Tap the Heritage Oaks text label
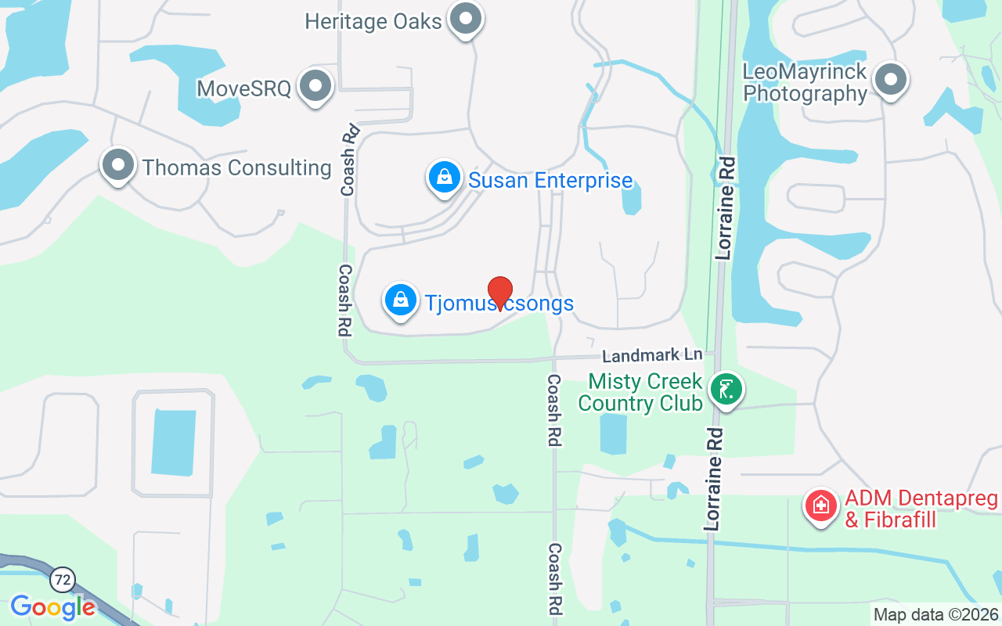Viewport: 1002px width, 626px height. tap(373, 21)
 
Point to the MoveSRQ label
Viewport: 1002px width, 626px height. tap(244, 88)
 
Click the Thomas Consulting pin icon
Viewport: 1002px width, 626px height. tap(119, 165)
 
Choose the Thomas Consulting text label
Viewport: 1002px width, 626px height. tap(236, 167)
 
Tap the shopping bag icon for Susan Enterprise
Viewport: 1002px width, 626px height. tap(445, 176)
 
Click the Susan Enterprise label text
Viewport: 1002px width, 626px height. tap(550, 181)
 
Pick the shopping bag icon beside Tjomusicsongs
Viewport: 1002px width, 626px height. tap(401, 300)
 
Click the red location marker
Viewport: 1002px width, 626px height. tap(499, 292)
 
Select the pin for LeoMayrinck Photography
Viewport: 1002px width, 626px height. tap(889, 79)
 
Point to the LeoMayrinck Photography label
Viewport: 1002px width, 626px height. tap(805, 83)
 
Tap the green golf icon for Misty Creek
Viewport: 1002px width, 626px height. tap(726, 388)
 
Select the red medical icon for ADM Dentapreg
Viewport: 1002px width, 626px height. tap(820, 505)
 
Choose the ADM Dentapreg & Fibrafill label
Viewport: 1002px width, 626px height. tap(921, 509)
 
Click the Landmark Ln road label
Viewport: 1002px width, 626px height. tap(652, 355)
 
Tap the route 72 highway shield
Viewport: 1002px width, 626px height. tap(62, 580)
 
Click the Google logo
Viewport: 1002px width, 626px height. tap(52, 606)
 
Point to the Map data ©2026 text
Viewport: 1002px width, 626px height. tap(936, 614)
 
